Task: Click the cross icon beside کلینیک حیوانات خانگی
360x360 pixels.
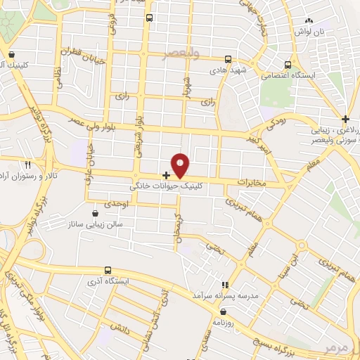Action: pos(166,174)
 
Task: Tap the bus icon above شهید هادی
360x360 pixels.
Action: pos(227,60)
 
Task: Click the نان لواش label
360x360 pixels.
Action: pos(329,33)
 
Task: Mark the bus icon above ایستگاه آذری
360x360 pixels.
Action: pos(108,269)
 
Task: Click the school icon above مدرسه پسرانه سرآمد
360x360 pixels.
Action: pos(226,285)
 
